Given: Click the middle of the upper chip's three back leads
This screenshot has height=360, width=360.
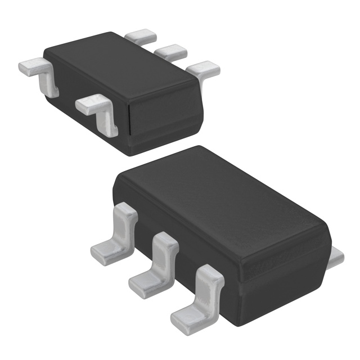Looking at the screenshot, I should (170, 52).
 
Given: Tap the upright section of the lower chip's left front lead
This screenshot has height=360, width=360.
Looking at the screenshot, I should (127, 225).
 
